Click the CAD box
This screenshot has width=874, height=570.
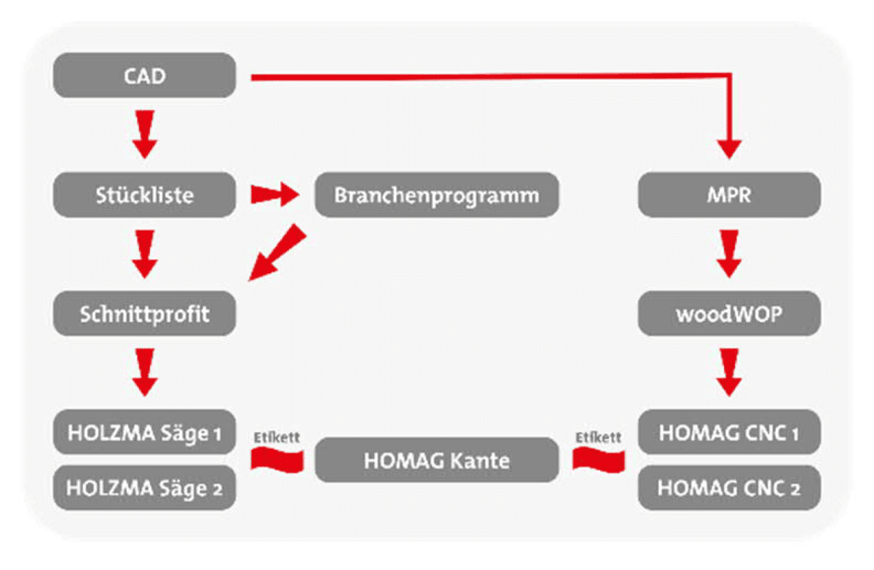coord(144,75)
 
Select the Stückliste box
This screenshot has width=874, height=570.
coord(144,195)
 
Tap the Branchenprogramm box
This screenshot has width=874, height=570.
coord(437,195)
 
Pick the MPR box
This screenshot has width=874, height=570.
coord(729,195)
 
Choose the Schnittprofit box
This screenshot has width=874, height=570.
coord(144,313)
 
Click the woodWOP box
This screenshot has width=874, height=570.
coord(729,313)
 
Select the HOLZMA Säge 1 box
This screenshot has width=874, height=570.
coord(144,432)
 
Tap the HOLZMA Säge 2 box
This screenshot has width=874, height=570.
coord(144,488)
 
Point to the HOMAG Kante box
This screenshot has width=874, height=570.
coord(437,460)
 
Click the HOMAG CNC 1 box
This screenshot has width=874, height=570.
coord(729,432)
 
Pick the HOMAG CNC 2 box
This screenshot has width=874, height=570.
coord(729,488)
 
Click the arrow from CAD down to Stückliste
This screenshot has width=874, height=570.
coord(145,135)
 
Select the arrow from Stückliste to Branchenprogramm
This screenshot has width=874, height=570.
coord(275,194)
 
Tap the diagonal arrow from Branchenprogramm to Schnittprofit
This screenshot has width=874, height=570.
coord(278,252)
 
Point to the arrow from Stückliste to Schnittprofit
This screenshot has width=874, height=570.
coord(145,254)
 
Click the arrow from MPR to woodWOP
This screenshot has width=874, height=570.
coord(729,254)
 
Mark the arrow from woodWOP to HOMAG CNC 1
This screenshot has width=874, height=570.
coord(729,373)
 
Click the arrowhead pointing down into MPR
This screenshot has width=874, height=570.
coord(729,149)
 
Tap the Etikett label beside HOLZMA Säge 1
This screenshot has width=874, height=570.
coord(277,438)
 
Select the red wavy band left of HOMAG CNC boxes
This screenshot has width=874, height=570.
coord(599,460)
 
